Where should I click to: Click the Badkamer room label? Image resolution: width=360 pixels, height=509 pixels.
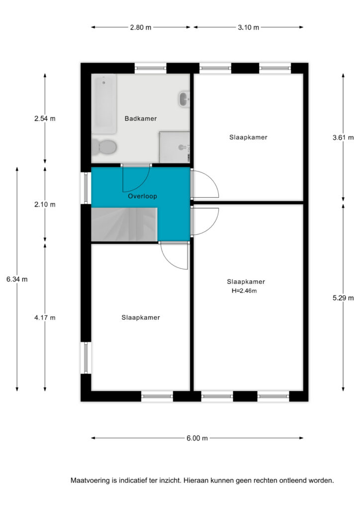click(141, 119)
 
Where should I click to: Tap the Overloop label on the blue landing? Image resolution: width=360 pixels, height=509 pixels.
click(143, 196)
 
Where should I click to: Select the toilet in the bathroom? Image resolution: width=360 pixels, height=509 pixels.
click(104, 147)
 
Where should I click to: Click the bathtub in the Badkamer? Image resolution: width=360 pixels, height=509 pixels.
click(104, 104)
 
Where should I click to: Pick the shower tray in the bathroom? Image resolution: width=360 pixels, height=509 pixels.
click(175, 147)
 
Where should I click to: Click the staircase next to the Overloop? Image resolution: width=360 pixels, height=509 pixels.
click(124, 225)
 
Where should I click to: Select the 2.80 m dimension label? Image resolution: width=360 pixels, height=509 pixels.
click(141, 28)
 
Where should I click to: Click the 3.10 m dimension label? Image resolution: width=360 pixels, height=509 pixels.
click(248, 28)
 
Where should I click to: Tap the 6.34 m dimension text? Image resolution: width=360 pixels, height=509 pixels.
click(17, 279)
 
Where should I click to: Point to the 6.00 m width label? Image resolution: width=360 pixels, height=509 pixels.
click(197, 438)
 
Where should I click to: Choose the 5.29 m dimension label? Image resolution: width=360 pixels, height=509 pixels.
click(343, 298)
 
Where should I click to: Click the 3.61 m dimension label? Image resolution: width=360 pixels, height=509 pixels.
click(343, 138)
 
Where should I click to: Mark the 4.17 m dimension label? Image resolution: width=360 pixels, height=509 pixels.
click(45, 318)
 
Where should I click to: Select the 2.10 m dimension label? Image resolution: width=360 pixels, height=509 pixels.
click(45, 204)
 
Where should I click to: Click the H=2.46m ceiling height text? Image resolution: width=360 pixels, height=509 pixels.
click(244, 291)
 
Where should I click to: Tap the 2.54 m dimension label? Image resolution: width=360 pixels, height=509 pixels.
click(45, 119)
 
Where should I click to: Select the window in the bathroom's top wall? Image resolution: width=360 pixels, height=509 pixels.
click(150, 68)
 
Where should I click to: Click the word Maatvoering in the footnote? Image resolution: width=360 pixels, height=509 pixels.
click(90, 481)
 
